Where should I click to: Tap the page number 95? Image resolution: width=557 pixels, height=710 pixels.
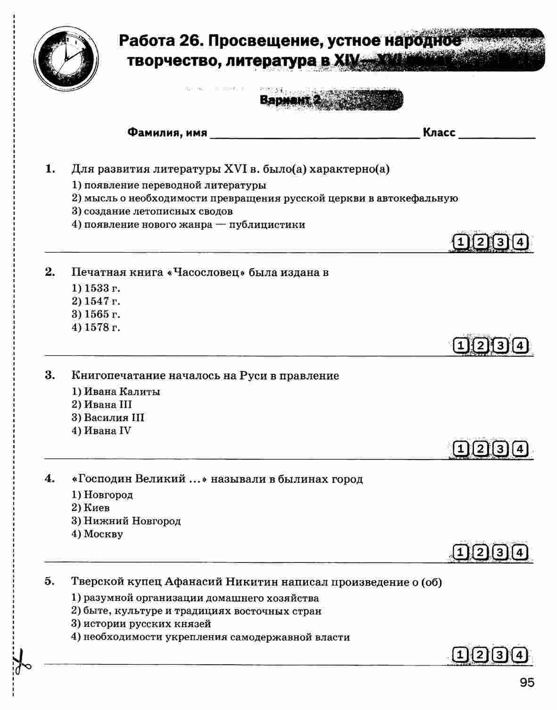click(527, 682)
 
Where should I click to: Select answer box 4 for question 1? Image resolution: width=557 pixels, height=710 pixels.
click(520, 242)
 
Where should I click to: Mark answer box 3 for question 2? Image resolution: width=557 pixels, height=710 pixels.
click(500, 346)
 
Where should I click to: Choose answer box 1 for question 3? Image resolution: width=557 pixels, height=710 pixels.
click(460, 449)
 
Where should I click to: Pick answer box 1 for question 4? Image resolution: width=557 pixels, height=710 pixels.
click(460, 552)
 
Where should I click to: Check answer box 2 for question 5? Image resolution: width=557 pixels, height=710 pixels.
click(480, 655)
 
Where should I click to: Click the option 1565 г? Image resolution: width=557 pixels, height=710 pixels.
click(96, 314)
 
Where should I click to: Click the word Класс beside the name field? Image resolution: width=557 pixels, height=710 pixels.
click(439, 132)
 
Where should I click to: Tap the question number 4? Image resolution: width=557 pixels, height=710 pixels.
click(50, 479)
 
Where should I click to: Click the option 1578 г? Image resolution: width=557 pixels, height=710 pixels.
click(96, 327)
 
